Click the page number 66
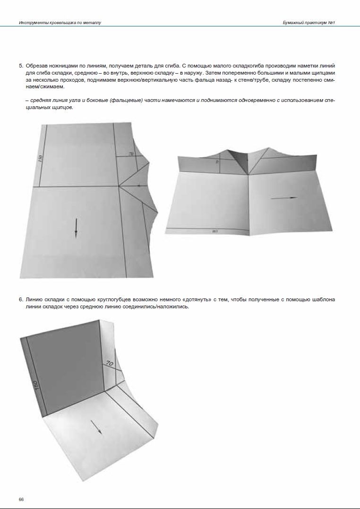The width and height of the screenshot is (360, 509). tap(21, 499)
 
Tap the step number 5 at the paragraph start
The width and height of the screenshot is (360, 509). tap(20, 66)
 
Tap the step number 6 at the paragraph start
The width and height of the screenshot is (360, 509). tap(20, 299)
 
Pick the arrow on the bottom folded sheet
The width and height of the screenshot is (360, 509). tap(96, 427)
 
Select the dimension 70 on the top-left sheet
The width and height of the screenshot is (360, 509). tap(131, 154)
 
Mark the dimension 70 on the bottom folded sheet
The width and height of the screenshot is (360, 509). tap(109, 364)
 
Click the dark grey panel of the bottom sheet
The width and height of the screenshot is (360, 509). tap(66, 364)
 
